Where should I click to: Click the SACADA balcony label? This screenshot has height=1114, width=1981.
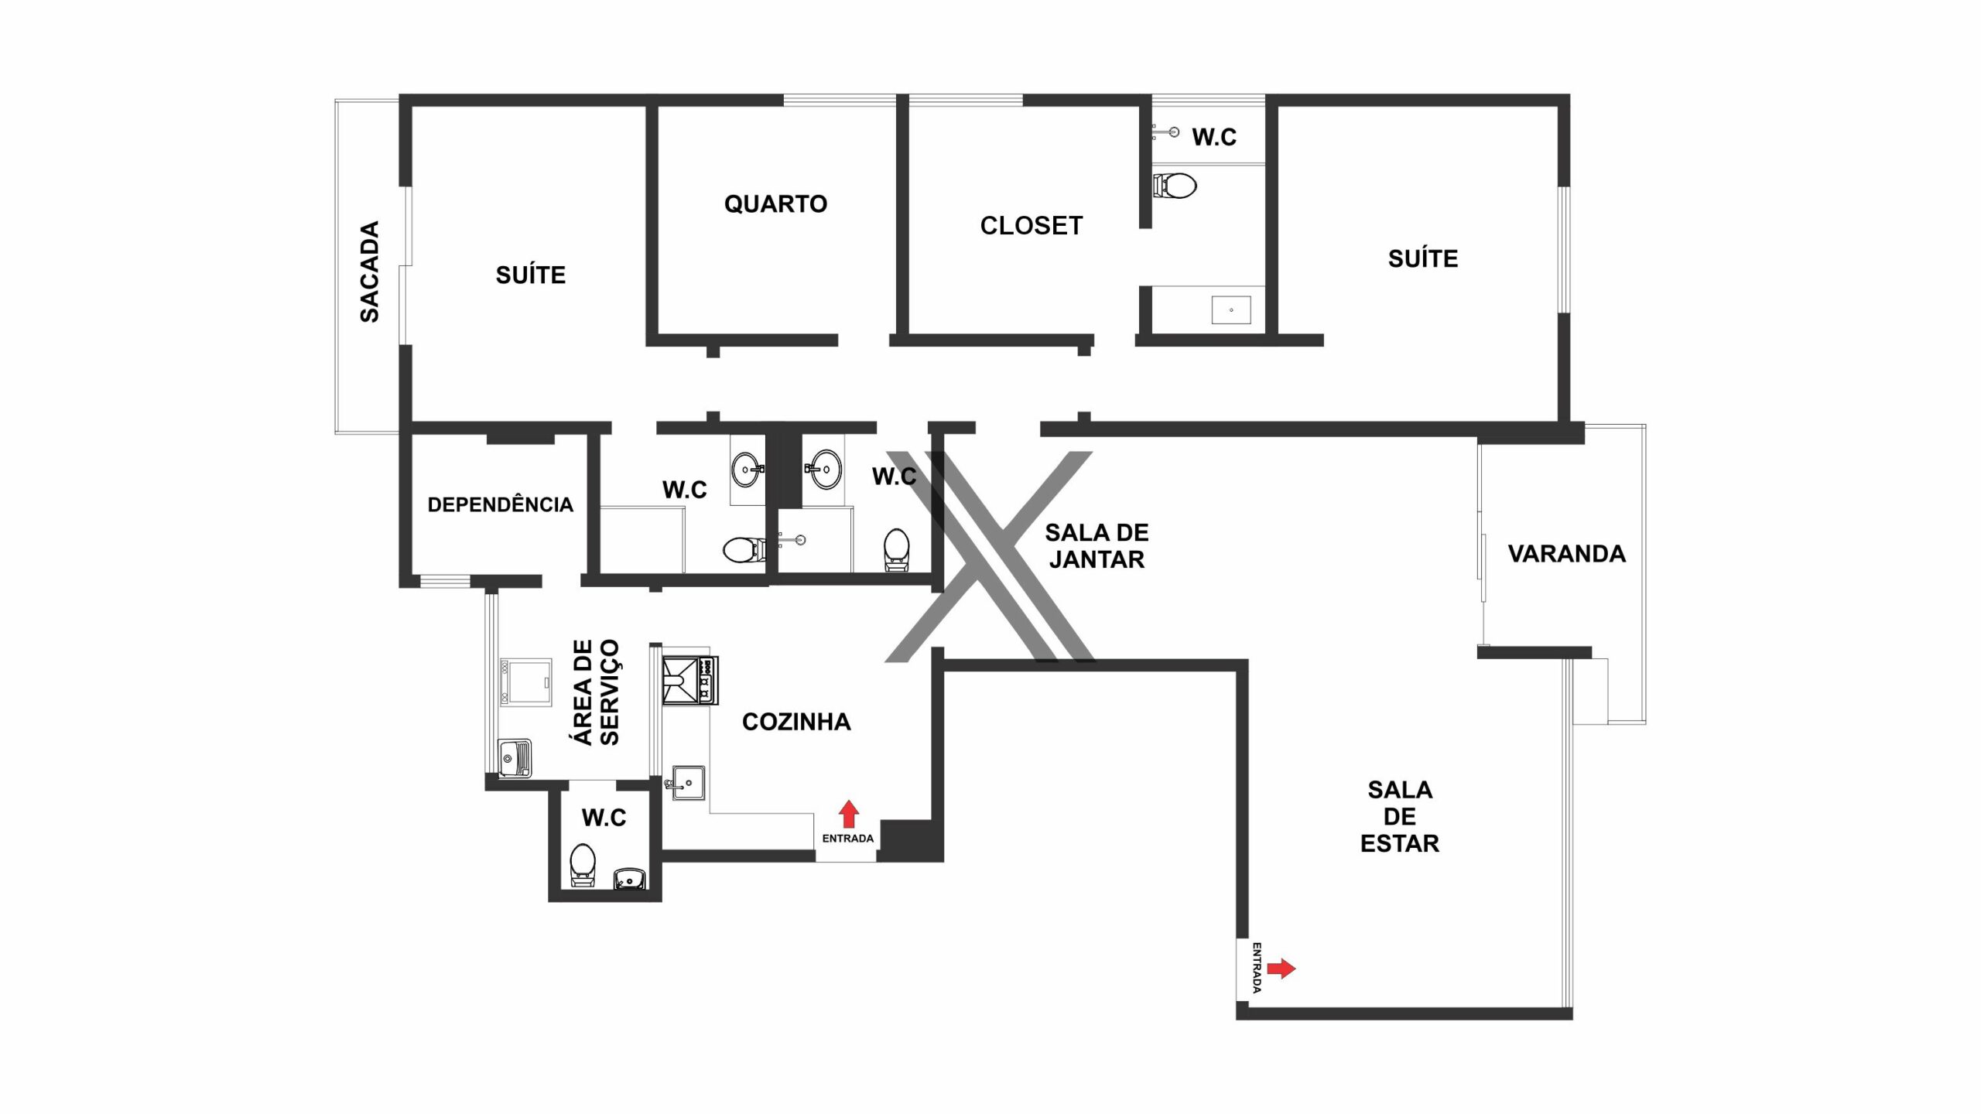pos(370,272)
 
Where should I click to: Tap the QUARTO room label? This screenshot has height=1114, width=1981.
pos(775,204)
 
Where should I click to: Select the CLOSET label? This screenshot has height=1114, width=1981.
pos(1032,226)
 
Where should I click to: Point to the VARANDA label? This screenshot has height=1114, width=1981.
pos(1567,554)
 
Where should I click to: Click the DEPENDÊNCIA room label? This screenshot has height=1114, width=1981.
pos(500,505)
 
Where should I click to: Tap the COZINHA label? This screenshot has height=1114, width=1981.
pos(796,722)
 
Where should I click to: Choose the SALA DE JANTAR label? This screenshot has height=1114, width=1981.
pos(1097,546)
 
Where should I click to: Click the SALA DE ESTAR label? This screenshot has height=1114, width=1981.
pos(1400,816)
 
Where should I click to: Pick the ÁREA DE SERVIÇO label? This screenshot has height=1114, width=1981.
pos(596,692)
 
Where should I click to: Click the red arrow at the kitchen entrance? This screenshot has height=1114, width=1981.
pos(849,814)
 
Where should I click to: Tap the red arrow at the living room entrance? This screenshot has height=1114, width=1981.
pos(1281,968)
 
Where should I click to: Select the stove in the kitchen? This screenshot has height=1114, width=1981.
pos(690,680)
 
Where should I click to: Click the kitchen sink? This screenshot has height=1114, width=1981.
pos(687,782)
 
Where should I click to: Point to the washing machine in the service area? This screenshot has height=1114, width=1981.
pos(525,682)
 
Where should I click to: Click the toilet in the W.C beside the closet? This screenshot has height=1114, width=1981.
pos(1175,186)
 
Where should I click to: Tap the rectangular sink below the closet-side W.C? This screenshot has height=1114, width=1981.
pos(1231,310)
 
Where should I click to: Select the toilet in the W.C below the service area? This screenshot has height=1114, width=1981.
pos(583,865)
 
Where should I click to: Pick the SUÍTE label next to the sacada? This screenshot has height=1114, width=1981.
pos(531,275)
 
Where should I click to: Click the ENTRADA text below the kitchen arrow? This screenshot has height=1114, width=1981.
pos(848,839)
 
